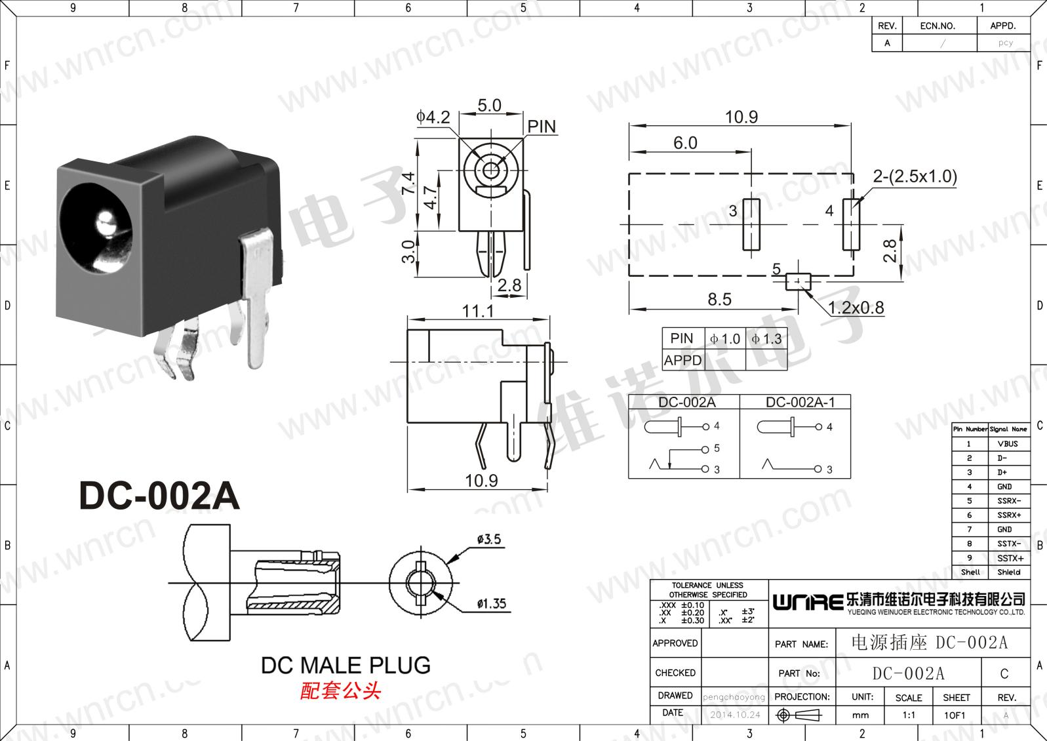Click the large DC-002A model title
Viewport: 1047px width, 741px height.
[x=159, y=496]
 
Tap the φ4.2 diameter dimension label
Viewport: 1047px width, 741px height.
[x=433, y=117]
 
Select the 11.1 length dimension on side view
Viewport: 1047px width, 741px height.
[x=478, y=310]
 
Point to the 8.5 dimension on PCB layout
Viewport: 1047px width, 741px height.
[x=719, y=299]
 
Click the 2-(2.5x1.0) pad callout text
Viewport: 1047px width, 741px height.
[x=915, y=176]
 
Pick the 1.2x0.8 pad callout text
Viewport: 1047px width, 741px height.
[x=856, y=307]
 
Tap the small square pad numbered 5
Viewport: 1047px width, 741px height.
[x=798, y=282]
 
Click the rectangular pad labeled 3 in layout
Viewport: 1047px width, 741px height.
[x=751, y=225]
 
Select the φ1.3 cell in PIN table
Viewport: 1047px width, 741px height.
[x=766, y=339]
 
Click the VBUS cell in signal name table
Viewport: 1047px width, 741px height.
[x=1008, y=444]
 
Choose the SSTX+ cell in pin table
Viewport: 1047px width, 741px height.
[x=1009, y=558]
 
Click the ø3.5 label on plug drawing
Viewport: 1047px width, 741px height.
[x=489, y=540]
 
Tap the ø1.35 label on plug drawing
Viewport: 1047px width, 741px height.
[x=492, y=603]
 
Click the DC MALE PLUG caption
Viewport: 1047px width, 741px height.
[x=346, y=665]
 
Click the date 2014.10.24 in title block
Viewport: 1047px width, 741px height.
[x=735, y=715]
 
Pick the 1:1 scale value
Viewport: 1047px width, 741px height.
[x=908, y=715]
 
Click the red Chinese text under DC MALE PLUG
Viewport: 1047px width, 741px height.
[x=340, y=691]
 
